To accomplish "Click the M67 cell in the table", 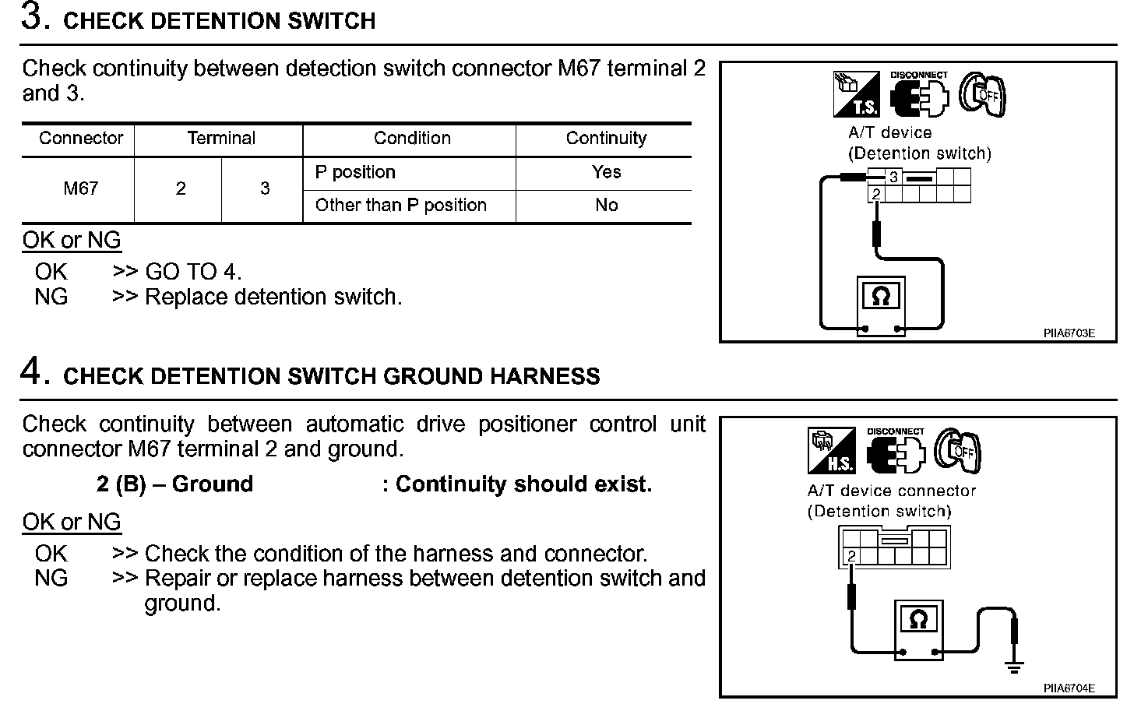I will click(x=80, y=188).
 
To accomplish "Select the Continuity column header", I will click(x=606, y=139).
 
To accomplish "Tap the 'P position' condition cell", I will click(x=355, y=172).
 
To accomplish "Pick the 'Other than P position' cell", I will click(x=400, y=206).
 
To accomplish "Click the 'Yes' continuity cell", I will click(x=606, y=172).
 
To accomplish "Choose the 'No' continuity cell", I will click(x=606, y=206).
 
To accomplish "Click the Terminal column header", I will click(x=220, y=139).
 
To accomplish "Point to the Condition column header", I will click(x=412, y=139).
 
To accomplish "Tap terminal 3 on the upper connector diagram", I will click(x=893, y=177).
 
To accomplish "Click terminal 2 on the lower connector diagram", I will click(x=851, y=556).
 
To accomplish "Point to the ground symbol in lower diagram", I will click(x=1013, y=666).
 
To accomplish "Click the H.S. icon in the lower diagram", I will click(x=832, y=451).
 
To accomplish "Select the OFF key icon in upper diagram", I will click(x=982, y=94).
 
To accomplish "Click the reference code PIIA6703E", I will click(x=1069, y=333).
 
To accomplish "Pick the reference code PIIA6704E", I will click(x=1069, y=688).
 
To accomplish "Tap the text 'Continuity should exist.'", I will click(x=523, y=484).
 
